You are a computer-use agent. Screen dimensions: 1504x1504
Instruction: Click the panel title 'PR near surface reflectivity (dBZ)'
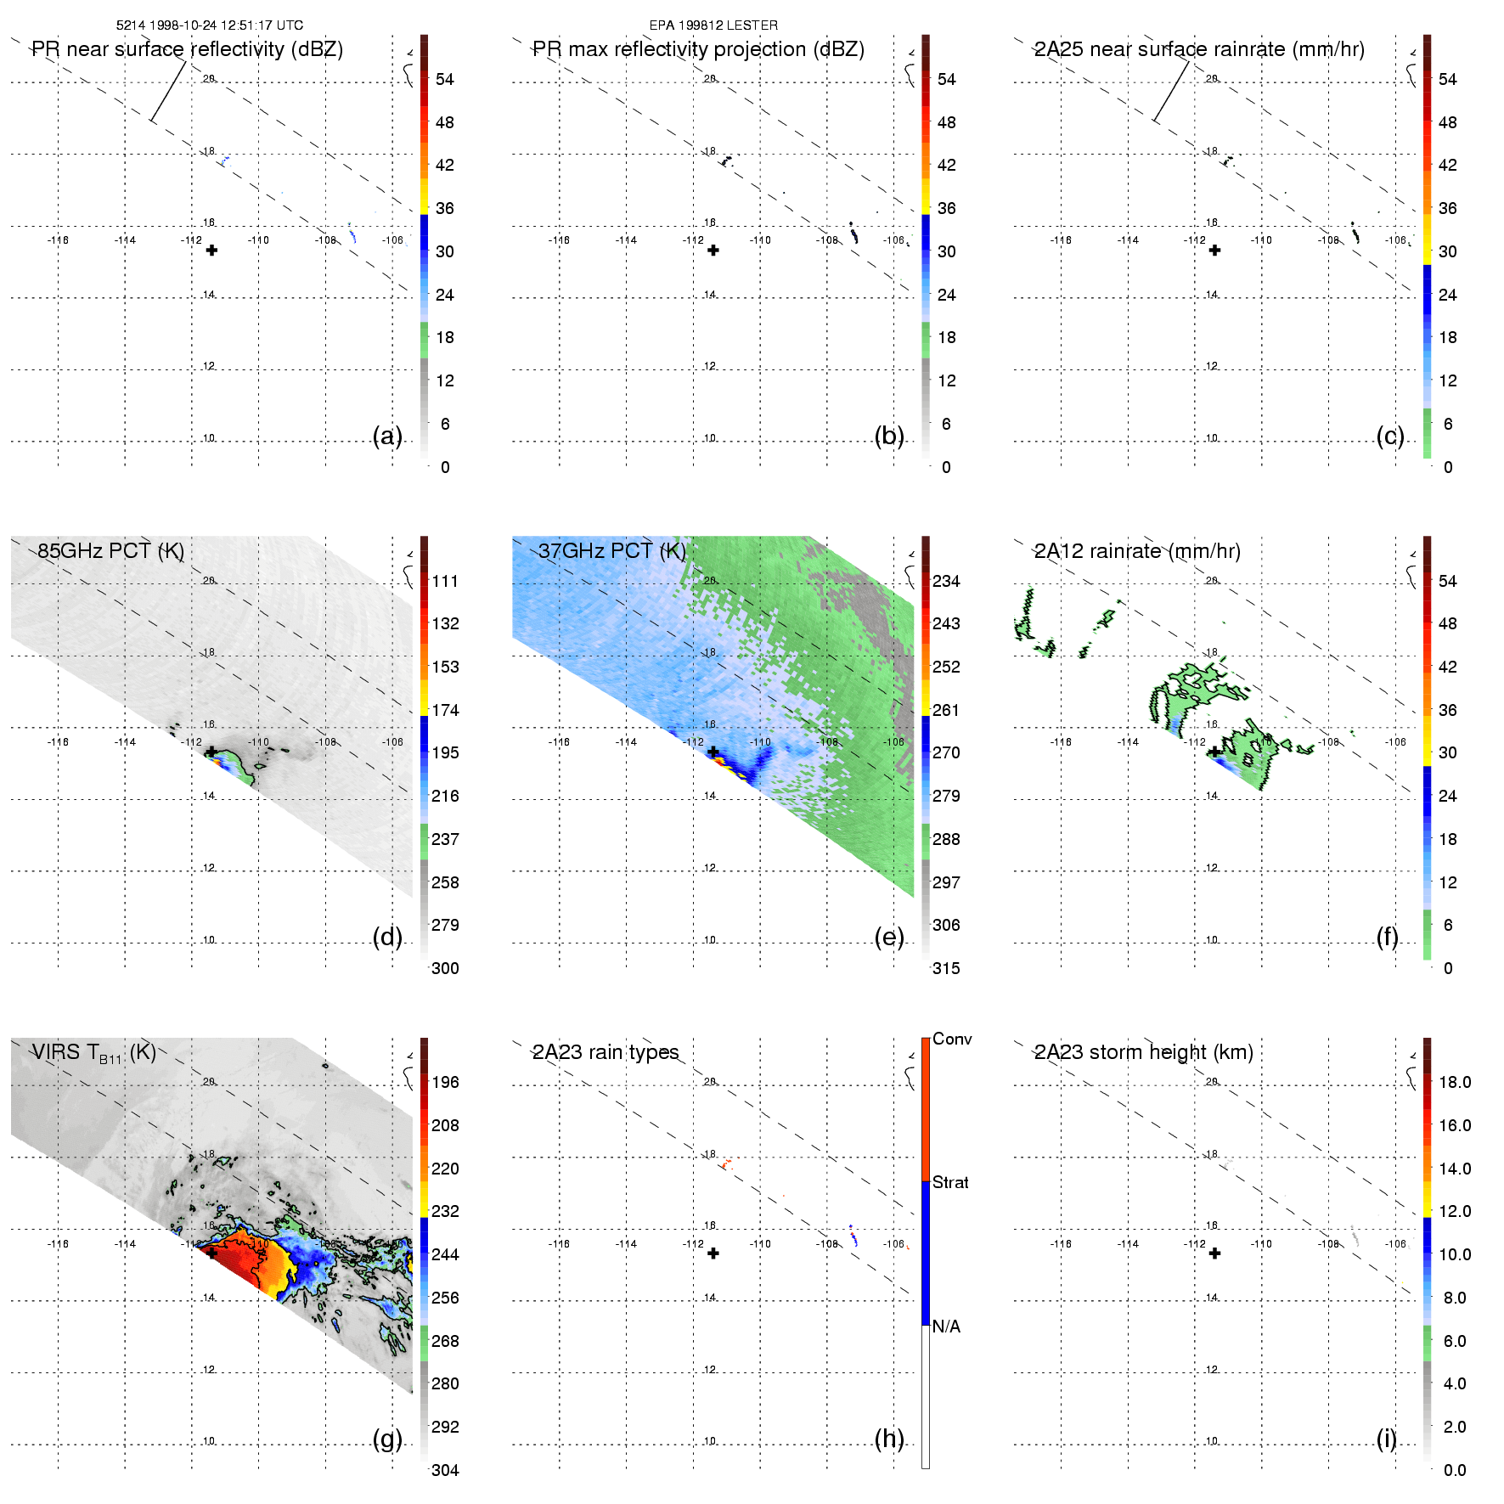(187, 49)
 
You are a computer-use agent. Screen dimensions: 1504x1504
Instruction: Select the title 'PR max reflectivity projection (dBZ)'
(698, 49)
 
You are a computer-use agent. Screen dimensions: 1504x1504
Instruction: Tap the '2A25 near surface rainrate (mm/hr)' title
(1199, 49)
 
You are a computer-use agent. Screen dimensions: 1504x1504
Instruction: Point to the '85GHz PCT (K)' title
(111, 551)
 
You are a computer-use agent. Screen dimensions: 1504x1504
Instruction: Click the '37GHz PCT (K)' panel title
(612, 551)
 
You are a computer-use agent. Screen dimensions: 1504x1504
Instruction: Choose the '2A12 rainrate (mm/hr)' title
(1137, 551)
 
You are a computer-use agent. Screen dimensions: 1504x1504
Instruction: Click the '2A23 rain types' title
(606, 1052)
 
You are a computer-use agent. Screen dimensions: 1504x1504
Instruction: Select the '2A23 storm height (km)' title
(1143, 1052)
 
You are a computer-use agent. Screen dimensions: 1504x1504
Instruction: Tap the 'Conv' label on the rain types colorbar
(952, 1039)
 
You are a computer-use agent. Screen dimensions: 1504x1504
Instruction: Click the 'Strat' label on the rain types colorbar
(950, 1182)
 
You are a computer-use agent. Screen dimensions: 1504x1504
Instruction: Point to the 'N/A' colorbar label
(946, 1327)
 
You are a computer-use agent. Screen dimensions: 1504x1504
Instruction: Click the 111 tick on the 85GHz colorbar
(445, 581)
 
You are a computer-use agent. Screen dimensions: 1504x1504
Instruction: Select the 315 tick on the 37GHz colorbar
(946, 968)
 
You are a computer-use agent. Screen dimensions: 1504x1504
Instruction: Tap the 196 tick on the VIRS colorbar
(445, 1082)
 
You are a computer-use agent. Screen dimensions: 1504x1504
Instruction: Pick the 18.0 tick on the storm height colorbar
(1454, 1082)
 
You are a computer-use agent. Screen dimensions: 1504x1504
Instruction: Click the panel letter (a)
(387, 436)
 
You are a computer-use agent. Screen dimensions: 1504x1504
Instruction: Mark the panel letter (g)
(387, 1439)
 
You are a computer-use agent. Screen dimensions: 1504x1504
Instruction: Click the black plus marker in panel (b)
(713, 251)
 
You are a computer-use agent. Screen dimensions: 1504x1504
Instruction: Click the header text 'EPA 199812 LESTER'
(713, 25)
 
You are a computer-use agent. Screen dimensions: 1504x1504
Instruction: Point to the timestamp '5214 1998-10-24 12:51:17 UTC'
(210, 25)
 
